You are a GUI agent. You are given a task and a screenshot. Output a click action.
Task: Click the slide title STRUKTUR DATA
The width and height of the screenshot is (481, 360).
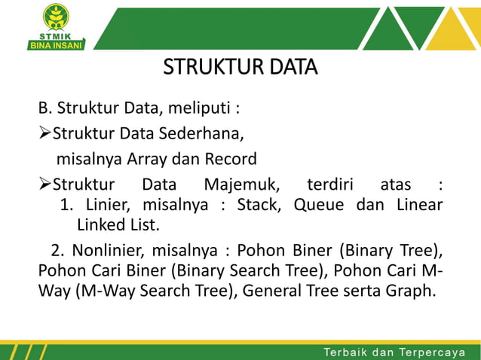(x=240, y=69)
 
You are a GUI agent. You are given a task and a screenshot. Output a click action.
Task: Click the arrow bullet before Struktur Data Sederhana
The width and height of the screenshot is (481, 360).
(x=44, y=134)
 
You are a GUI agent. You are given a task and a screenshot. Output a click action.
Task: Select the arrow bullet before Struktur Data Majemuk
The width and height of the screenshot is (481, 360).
(x=44, y=185)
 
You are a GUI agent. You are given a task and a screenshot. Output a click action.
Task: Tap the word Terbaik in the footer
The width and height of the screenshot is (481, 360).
(x=348, y=352)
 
